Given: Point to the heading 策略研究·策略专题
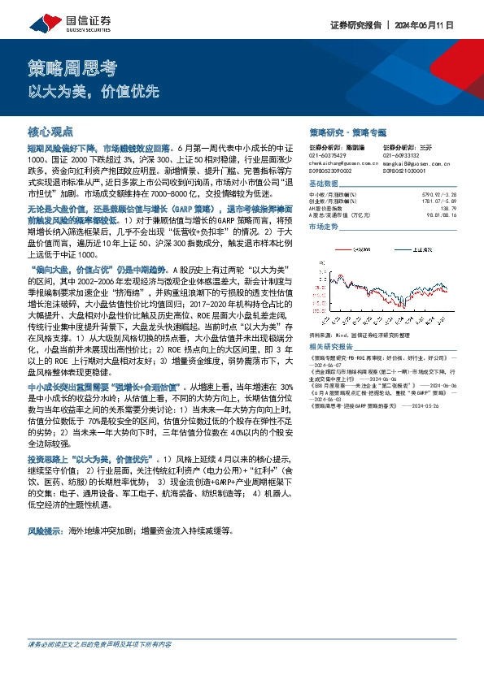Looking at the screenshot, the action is pos(348,131).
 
